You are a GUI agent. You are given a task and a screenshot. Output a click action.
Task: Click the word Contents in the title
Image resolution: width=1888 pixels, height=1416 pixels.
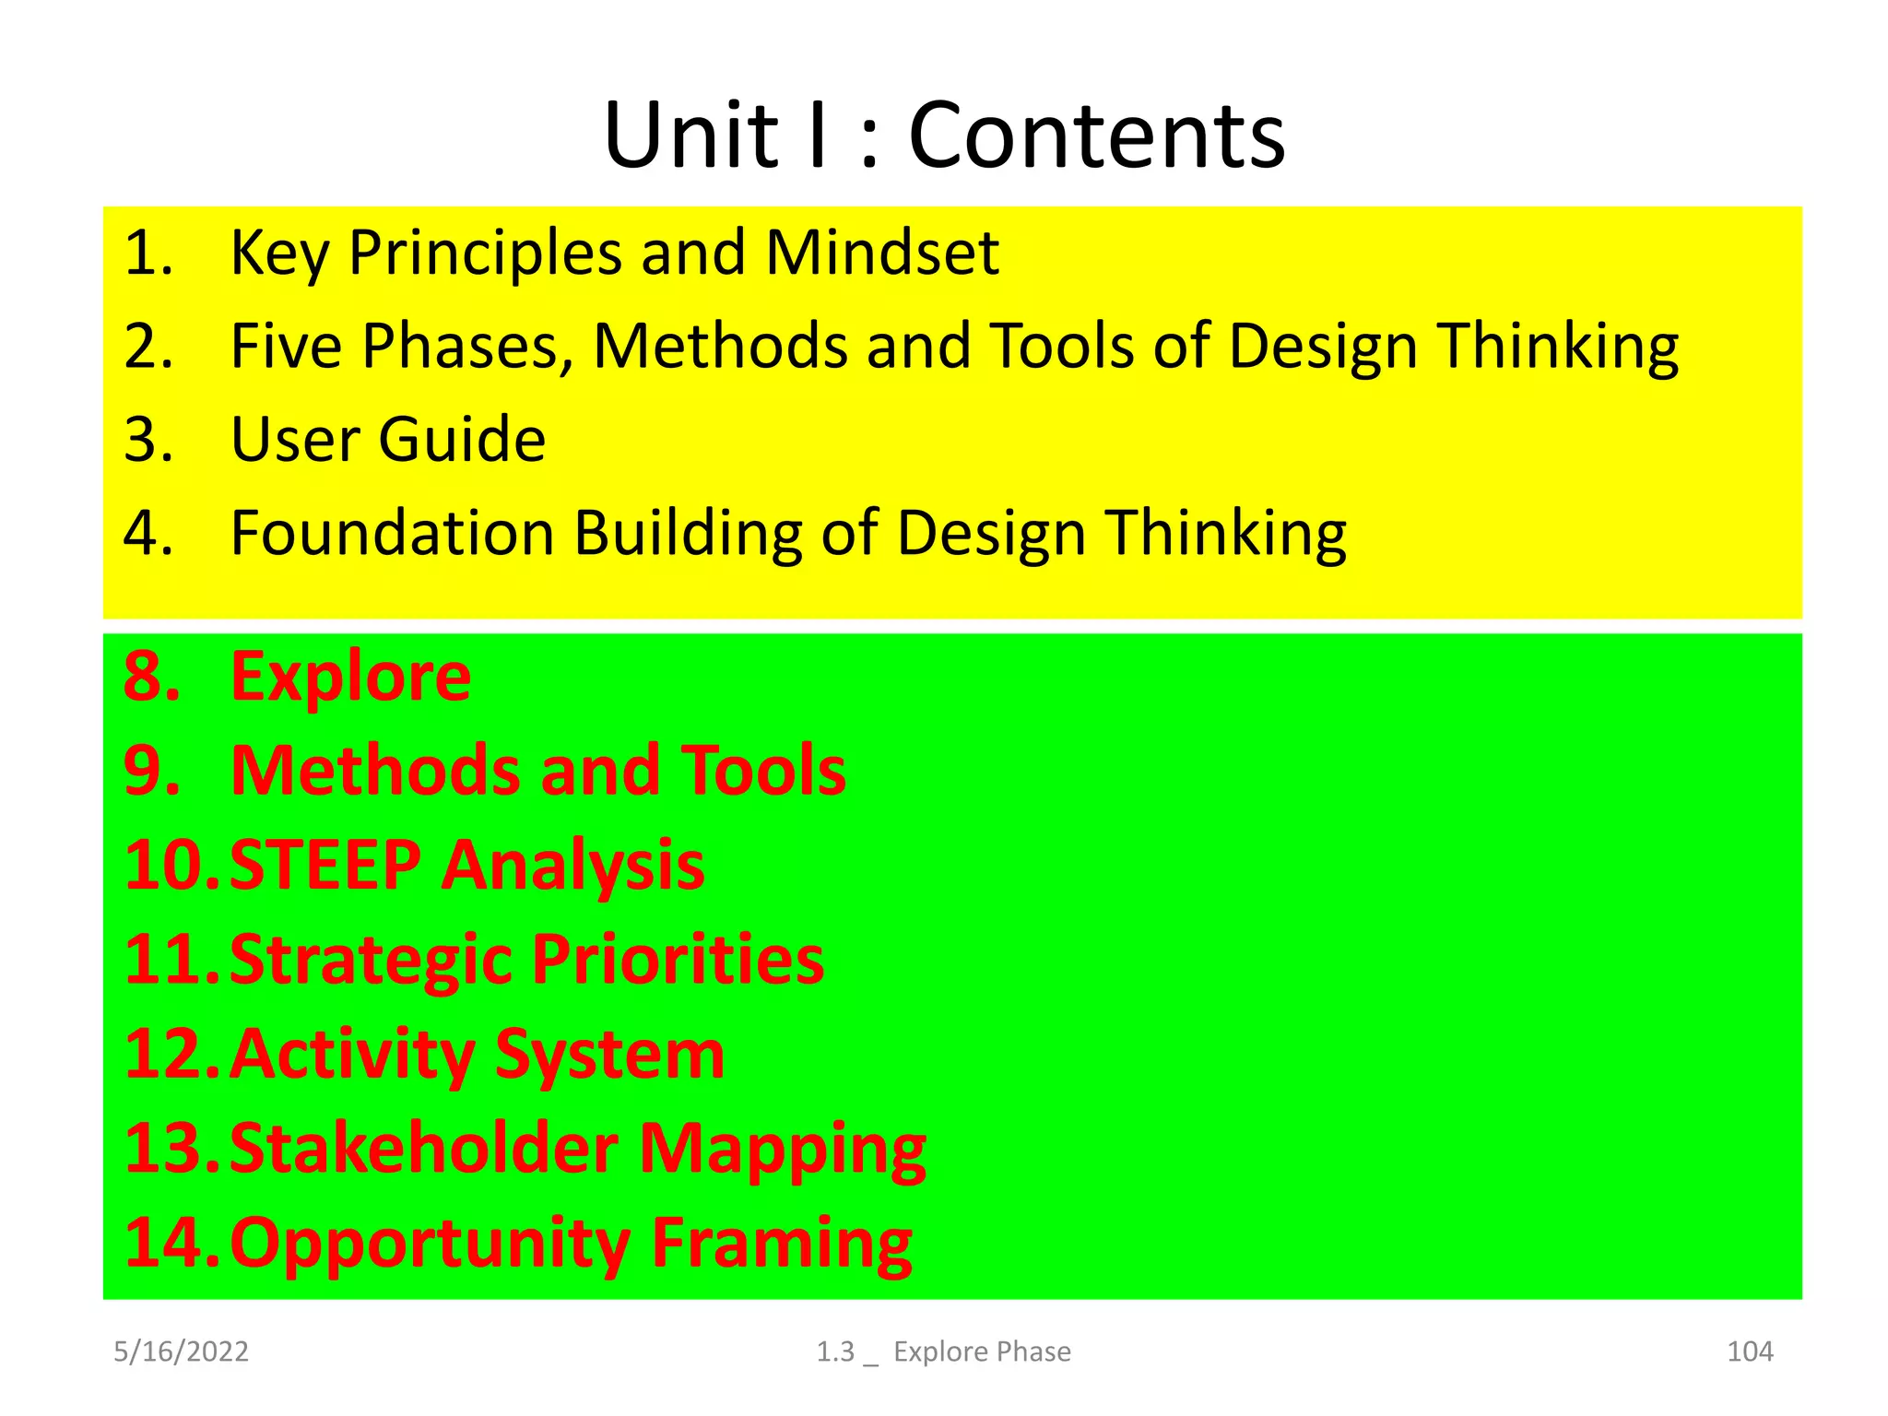pos(1096,136)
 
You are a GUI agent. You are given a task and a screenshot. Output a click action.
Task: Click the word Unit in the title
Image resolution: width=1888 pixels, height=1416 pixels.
pos(691,136)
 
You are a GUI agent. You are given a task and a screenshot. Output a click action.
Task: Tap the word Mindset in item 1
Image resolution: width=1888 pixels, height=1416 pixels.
pos(882,253)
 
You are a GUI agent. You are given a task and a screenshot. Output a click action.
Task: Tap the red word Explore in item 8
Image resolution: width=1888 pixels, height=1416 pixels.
pos(350,678)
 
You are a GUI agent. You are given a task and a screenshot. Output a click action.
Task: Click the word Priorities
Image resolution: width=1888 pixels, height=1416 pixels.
pos(678,960)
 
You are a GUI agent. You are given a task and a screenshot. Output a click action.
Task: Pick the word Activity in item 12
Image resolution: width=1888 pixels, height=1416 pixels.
pos(351,1055)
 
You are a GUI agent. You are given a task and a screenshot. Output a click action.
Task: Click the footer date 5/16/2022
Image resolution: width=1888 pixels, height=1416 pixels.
pos(181,1351)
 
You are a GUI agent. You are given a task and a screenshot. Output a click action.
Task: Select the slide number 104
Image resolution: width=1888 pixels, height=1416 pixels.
pos(1749,1351)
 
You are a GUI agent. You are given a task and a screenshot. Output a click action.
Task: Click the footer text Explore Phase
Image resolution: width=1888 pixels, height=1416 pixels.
pos(982,1351)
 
